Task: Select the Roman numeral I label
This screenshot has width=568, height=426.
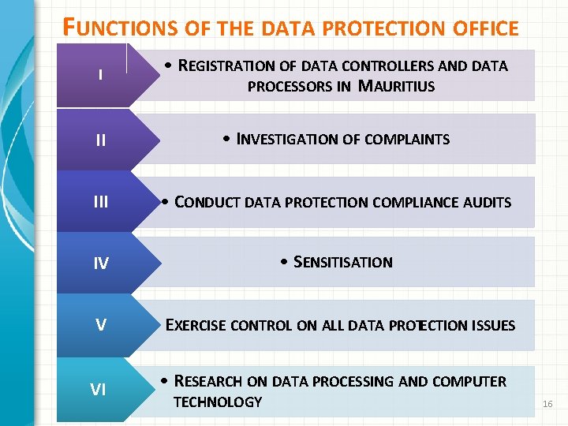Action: (100, 76)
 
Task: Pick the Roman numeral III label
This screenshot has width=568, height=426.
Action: (100, 202)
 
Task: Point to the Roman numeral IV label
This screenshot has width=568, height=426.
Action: (100, 263)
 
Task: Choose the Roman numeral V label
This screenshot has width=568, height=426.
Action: (100, 325)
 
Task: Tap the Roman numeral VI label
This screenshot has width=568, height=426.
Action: (99, 389)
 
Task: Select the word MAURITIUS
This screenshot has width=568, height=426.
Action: (396, 86)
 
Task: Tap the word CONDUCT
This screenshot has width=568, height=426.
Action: (207, 202)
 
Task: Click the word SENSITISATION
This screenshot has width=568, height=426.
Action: (342, 262)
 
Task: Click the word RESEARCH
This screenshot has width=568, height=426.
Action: (208, 382)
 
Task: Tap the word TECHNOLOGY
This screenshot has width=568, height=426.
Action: (217, 402)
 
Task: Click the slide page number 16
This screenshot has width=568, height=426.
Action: (548, 404)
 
